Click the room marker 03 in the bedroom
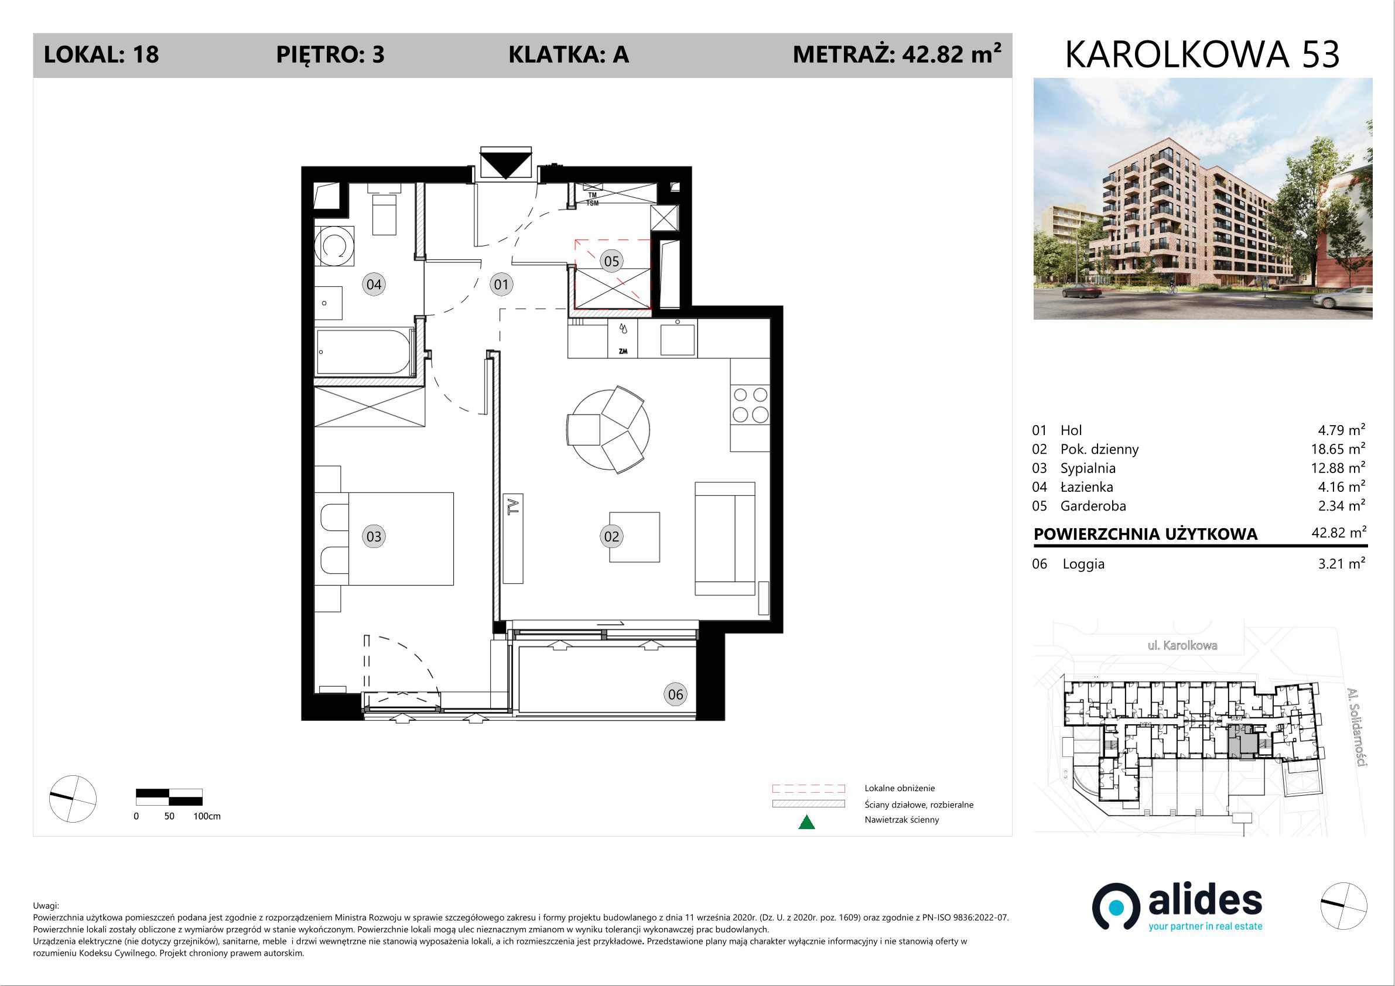pyautogui.click(x=374, y=536)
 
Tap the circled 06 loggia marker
pyautogui.click(x=676, y=694)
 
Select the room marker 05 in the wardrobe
pyautogui.click(x=611, y=261)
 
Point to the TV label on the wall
pyautogui.click(x=514, y=506)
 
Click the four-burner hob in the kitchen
pyautogui.click(x=750, y=405)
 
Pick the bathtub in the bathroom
pyautogui.click(x=363, y=352)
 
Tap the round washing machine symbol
pyautogui.click(x=334, y=246)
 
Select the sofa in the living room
pyautogui.click(x=725, y=539)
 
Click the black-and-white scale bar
pyautogui.click(x=169, y=797)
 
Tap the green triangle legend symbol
pyautogui.click(x=806, y=822)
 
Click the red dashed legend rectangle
pyautogui.click(x=808, y=789)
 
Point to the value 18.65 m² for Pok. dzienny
pyautogui.click(x=1338, y=449)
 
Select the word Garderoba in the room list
pyautogui.click(x=1093, y=506)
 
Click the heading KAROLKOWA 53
pyautogui.click(x=1202, y=54)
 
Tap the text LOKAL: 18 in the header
pyautogui.click(x=101, y=54)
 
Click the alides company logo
pyautogui.click(x=1178, y=907)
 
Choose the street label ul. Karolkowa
pyautogui.click(x=1182, y=645)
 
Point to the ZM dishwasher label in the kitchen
pyautogui.click(x=623, y=351)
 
